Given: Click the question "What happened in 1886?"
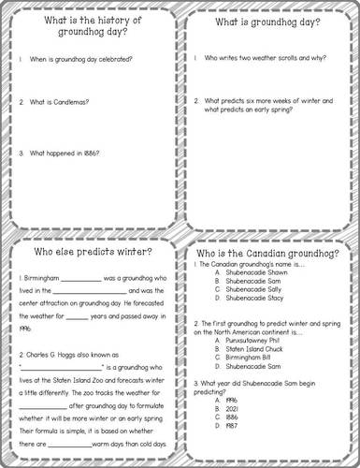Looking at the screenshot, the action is (x=64, y=152).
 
